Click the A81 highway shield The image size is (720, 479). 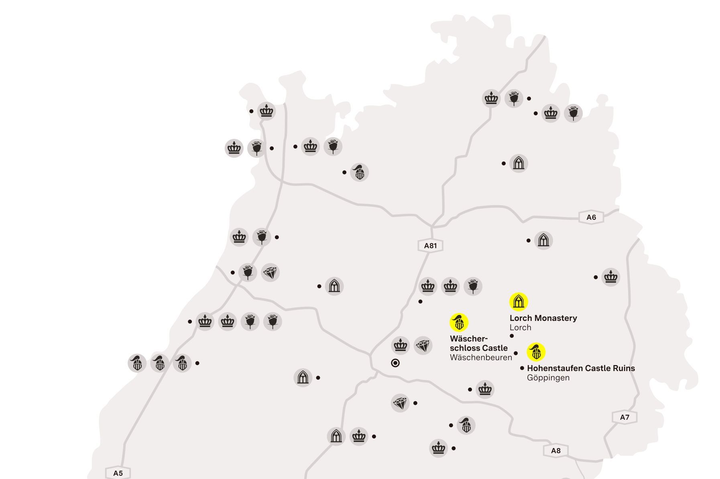pyautogui.click(x=430, y=246)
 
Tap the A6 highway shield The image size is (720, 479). pyautogui.click(x=591, y=217)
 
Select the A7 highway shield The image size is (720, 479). pyautogui.click(x=624, y=417)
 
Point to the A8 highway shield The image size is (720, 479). pyautogui.click(x=555, y=451)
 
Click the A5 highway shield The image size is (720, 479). pyautogui.click(x=118, y=473)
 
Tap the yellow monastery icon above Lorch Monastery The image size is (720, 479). pyautogui.click(x=519, y=302)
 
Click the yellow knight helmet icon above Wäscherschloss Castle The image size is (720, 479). pyautogui.click(x=459, y=322)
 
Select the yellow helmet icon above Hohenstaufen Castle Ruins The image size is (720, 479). pyautogui.click(x=536, y=352)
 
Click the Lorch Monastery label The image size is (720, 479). pyautogui.click(x=543, y=318)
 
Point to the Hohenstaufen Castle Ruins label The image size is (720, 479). pyautogui.click(x=581, y=368)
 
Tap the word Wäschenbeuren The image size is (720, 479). pyautogui.click(x=481, y=357)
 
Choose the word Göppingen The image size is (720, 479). pyautogui.click(x=548, y=378)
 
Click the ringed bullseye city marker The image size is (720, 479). pyautogui.click(x=395, y=363)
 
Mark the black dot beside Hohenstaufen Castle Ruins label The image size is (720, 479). pyautogui.click(x=522, y=368)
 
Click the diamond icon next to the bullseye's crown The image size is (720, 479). pyautogui.click(x=423, y=345)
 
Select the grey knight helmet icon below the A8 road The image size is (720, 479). pyautogui.click(x=466, y=425)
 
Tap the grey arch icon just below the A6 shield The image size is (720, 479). pyautogui.click(x=543, y=240)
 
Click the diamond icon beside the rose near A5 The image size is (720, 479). pyautogui.click(x=270, y=273)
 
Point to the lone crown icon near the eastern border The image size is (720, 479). pyautogui.click(x=610, y=277)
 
